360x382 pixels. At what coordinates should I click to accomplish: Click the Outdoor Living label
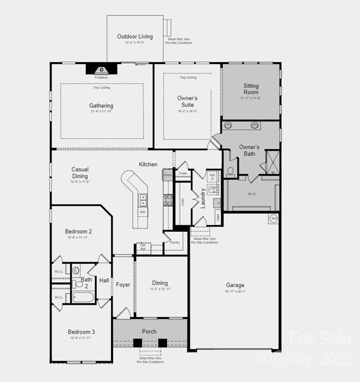pos(135,36)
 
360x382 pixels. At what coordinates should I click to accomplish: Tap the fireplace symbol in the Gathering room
pos(102,70)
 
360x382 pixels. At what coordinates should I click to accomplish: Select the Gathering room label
pos(101,105)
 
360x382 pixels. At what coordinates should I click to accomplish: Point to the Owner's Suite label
pos(187,101)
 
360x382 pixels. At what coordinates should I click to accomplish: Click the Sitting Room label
pos(251,89)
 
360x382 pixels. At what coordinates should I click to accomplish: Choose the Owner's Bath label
pos(249,150)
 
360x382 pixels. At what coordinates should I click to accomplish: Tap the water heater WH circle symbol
pos(273,218)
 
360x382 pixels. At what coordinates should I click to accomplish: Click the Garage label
pos(235,285)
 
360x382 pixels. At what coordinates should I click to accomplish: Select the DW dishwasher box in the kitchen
pos(143,212)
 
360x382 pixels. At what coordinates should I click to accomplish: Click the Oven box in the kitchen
pos(167,175)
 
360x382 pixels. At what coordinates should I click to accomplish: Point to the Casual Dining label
pos(80,173)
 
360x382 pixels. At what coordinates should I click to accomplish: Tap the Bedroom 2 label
pos(78,231)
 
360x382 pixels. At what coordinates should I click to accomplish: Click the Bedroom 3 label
pos(80,332)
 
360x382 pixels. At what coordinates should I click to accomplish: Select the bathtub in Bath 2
pos(83,297)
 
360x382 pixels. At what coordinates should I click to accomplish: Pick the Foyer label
pos(123,285)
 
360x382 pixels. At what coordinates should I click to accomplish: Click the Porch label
pos(149,331)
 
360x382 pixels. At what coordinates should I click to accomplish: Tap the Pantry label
pos(175,243)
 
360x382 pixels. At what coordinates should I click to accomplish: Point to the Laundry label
pos(203,197)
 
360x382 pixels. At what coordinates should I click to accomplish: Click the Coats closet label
pos(183,173)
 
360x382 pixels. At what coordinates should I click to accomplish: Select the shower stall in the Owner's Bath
pos(272,162)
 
